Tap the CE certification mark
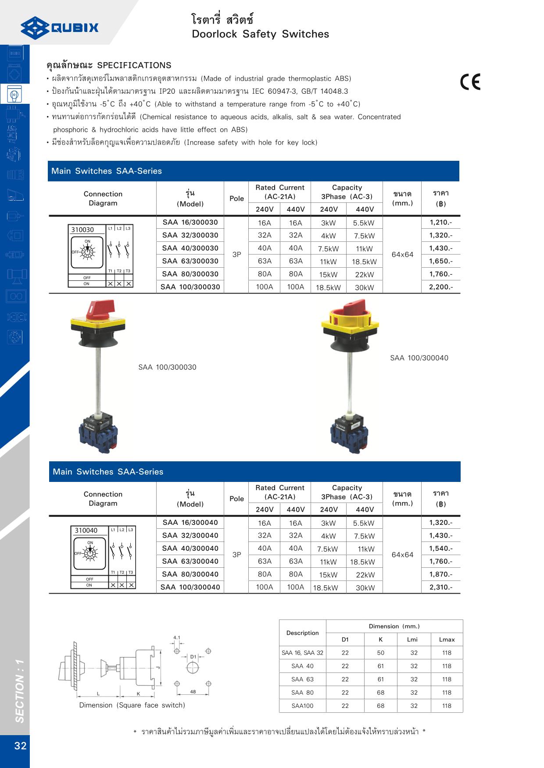[470, 82]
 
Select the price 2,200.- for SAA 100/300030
[440, 287]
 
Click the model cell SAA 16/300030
[190, 223]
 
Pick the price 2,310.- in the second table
[440, 588]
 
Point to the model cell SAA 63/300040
[190, 562]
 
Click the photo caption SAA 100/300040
[419, 358]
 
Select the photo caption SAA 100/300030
[167, 367]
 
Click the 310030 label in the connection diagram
[82, 230]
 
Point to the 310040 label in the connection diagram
[86, 531]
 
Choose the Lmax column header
[447, 640]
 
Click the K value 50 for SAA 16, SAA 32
[380, 653]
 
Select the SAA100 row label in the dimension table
[302, 706]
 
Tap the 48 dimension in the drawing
[193, 692]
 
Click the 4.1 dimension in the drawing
[177, 638]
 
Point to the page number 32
[20, 746]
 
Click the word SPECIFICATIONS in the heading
[134, 65]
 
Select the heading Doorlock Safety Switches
[260, 34]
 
